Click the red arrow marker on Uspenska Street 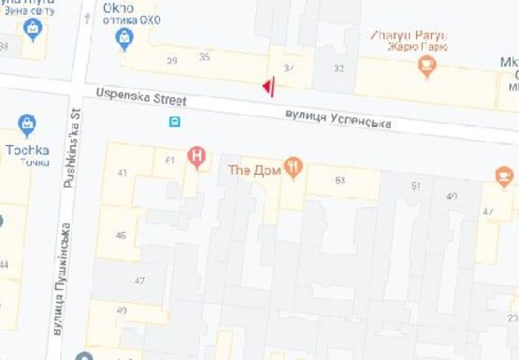pos(268,87)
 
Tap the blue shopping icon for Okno pos(123,37)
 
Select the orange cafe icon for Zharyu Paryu pos(428,65)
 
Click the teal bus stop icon pos(174,122)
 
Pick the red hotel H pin pos(196,156)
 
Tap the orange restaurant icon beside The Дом pos(295,169)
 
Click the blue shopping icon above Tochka pos(27,124)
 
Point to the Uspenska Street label pos(141,98)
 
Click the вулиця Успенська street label pos(338,119)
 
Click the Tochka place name pos(25,149)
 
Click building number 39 pos(171,61)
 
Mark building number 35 pos(205,57)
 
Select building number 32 pos(339,68)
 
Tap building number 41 pos(123,173)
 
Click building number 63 pos(339,180)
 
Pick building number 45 pos(121,235)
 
